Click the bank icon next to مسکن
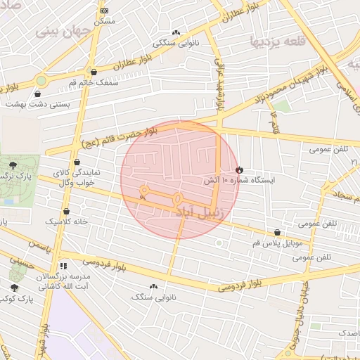[x=105, y=11]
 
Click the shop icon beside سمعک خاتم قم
[x=94, y=72]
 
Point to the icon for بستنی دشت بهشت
[x=37, y=94]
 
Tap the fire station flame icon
[x=239, y=169]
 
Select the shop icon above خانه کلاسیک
[x=66, y=211]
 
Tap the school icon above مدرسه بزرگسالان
[x=63, y=266]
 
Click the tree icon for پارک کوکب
[x=15, y=288]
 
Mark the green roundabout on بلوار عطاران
[x=41, y=80]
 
